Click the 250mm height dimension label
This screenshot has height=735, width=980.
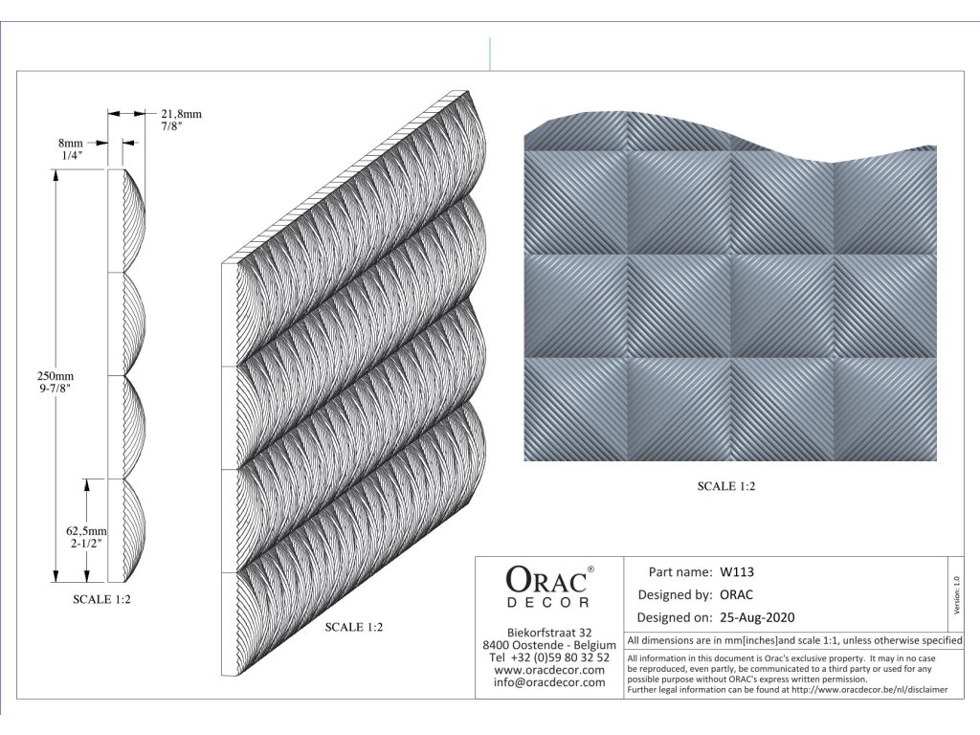tap(53, 377)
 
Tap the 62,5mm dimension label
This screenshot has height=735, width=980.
tap(86, 529)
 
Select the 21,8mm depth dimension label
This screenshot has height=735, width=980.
tap(181, 114)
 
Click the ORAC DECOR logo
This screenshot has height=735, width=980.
tap(549, 586)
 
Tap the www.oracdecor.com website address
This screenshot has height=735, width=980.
tap(549, 670)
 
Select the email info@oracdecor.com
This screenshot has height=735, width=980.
tap(549, 682)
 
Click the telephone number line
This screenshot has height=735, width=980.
tap(549, 657)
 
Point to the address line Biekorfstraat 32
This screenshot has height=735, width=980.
tap(549, 633)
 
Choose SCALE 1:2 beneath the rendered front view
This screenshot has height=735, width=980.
tap(726, 486)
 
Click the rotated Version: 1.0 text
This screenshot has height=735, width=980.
tap(956, 594)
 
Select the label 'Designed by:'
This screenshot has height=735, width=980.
tap(674, 595)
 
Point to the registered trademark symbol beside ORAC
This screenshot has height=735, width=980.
tap(590, 569)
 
